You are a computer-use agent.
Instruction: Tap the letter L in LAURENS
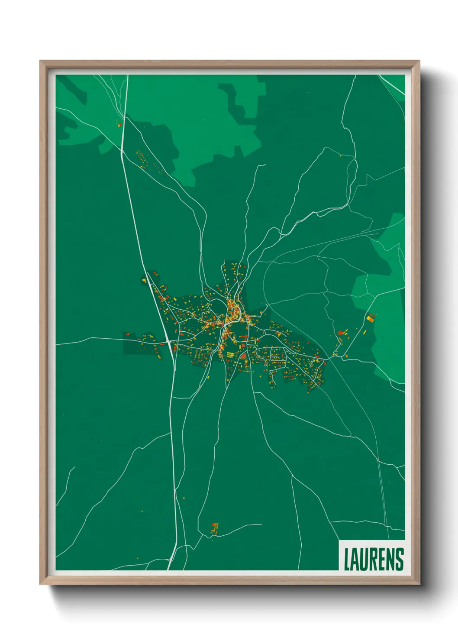click(347, 559)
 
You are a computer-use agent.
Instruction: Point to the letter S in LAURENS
click(400, 559)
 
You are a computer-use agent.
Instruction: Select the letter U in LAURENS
click(364, 559)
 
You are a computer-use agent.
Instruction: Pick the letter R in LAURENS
click(374, 559)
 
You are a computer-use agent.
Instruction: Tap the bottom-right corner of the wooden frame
click(419, 583)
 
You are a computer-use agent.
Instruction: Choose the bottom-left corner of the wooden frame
click(41, 583)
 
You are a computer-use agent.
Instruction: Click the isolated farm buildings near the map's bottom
click(214, 528)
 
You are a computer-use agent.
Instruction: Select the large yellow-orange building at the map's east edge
click(370, 319)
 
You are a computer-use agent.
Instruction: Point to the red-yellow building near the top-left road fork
click(119, 125)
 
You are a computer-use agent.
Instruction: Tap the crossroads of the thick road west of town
click(168, 342)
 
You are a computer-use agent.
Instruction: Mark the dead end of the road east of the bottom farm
click(261, 524)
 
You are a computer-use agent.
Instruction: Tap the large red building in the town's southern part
click(243, 356)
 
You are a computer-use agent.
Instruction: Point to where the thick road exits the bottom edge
click(170, 569)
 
